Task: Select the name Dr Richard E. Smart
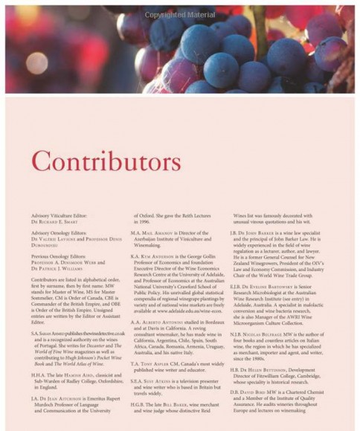[51, 240]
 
